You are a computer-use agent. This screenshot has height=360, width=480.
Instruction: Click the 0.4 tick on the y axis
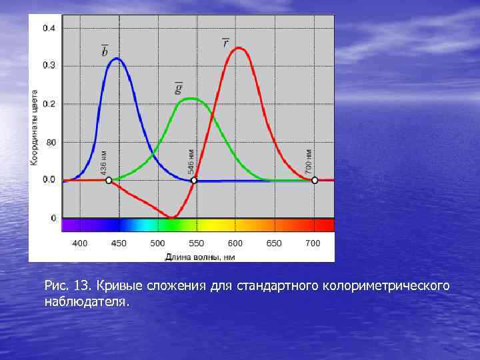(49, 28)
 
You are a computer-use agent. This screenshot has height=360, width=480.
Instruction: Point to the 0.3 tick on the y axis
(49, 65)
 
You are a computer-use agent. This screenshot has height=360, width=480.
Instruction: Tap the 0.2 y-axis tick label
(49, 104)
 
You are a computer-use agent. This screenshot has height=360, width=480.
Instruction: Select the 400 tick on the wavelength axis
(79, 243)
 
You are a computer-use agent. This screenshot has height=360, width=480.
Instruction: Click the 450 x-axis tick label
(118, 243)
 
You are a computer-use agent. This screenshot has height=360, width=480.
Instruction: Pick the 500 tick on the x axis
(157, 243)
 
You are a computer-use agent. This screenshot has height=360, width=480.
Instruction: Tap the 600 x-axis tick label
(235, 243)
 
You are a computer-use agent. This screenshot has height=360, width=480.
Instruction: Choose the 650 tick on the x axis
(274, 243)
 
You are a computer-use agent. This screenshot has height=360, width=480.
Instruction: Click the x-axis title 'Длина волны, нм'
(200, 256)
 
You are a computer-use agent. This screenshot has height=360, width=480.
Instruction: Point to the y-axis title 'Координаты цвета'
(34, 127)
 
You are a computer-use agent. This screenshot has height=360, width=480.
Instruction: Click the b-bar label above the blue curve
(105, 51)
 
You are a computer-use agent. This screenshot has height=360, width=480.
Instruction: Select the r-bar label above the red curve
(226, 43)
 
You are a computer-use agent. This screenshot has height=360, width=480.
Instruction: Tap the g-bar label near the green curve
(179, 87)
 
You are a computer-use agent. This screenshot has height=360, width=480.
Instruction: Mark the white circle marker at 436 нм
(109, 180)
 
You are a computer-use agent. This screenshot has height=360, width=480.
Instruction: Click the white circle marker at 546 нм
(194, 180)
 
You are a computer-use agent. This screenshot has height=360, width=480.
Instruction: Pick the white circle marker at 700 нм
(315, 180)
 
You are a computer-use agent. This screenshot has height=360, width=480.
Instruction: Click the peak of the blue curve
(117, 59)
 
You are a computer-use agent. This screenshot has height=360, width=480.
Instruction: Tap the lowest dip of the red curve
(173, 217)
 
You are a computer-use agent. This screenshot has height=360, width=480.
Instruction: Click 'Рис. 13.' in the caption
(68, 286)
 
